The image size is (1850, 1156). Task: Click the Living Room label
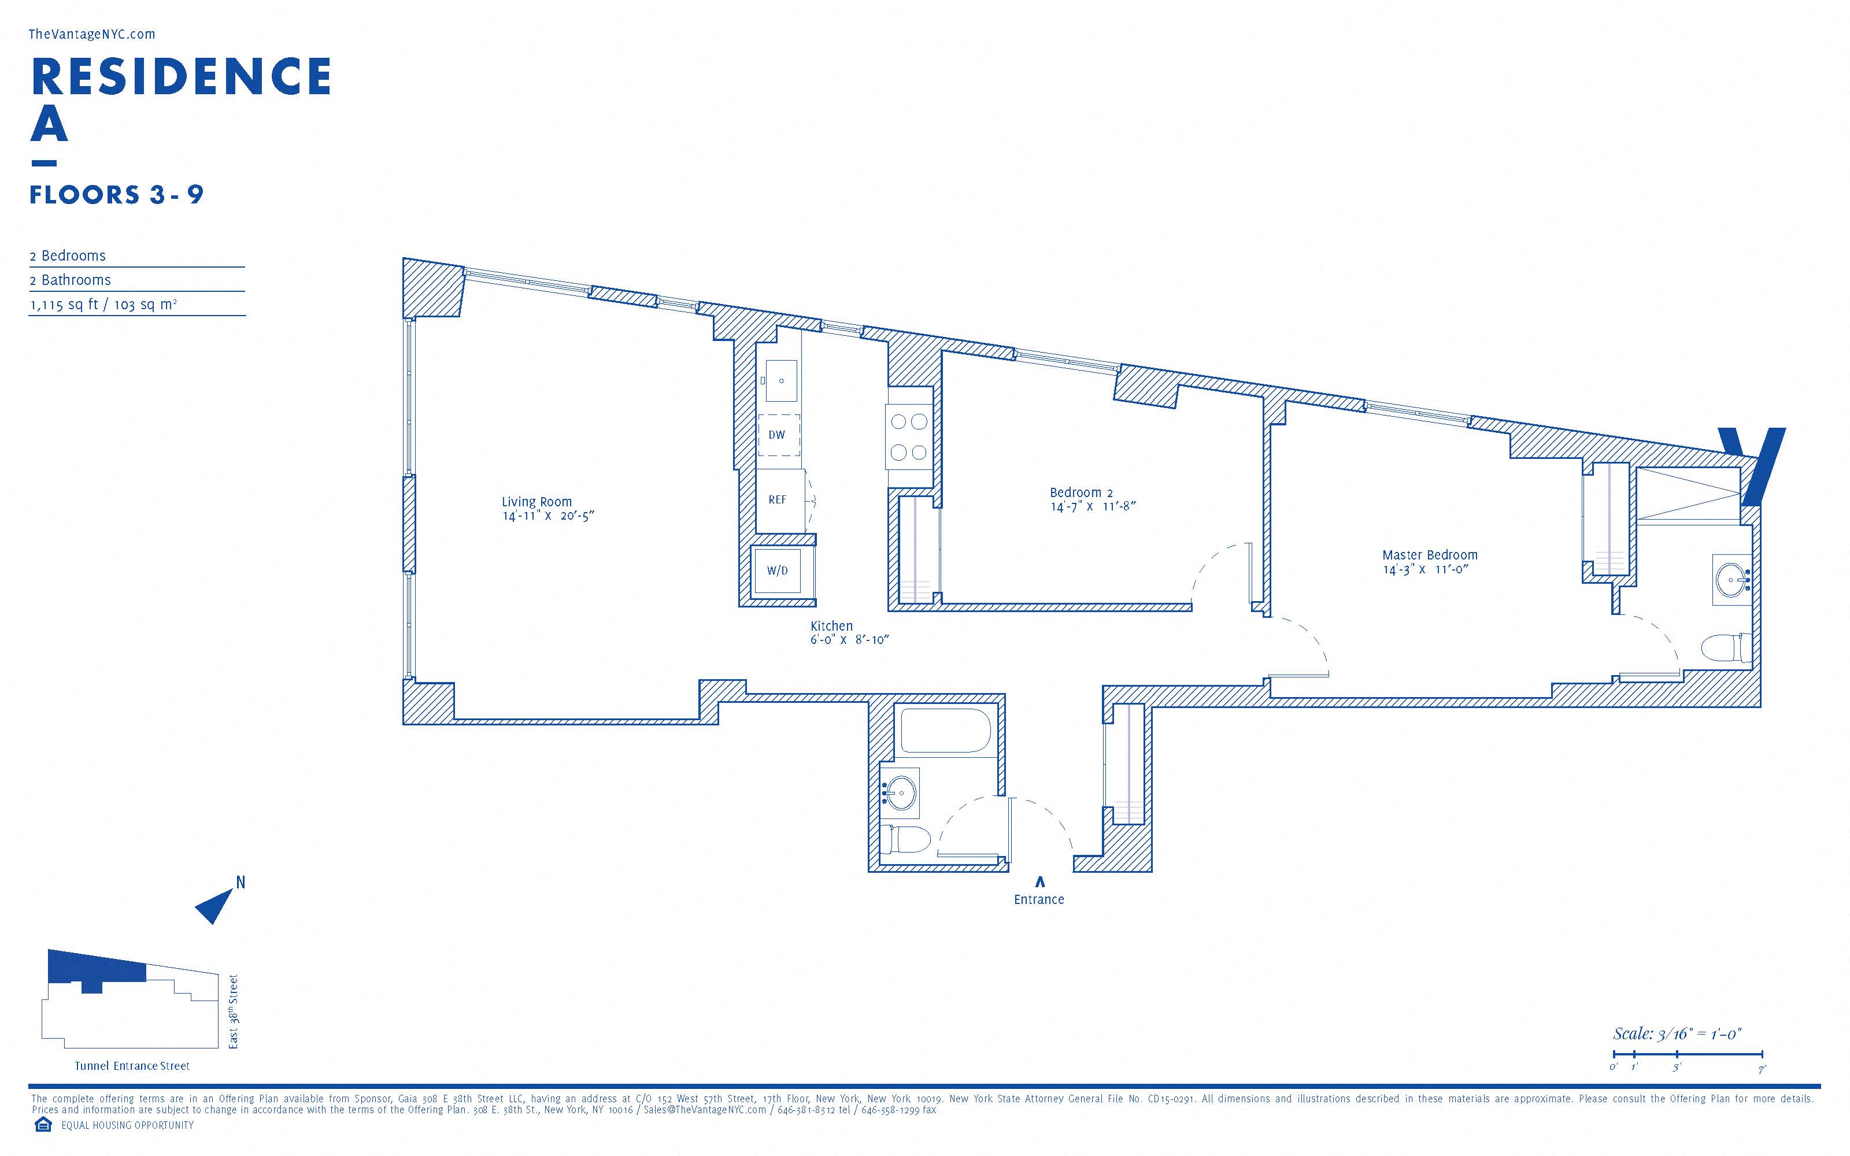[536, 502]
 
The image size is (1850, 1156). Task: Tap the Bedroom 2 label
[1081, 492]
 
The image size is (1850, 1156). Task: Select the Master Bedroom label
[1430, 555]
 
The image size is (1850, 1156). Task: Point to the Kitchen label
[832, 625]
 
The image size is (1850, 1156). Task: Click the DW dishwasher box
[778, 435]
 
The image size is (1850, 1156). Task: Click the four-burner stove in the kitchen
[909, 436]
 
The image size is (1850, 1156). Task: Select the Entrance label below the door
[1039, 900]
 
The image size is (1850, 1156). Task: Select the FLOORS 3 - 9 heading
[116, 195]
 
